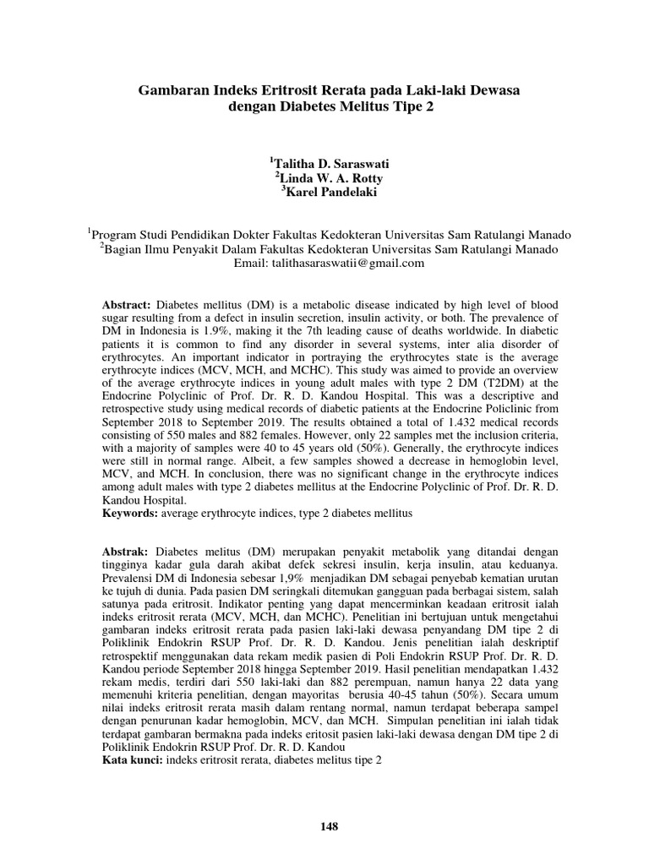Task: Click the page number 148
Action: (x=329, y=826)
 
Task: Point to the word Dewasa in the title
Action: (x=492, y=90)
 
